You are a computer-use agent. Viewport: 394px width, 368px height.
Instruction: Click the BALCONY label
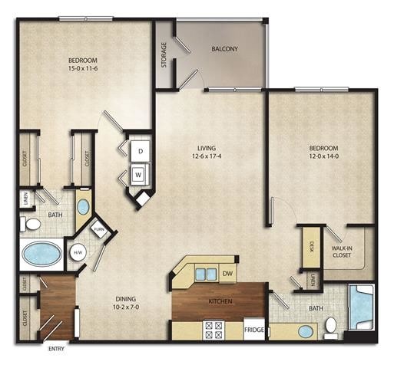click(224, 50)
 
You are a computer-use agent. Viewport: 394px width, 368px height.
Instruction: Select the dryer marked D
click(141, 151)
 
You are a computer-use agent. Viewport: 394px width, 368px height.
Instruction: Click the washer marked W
click(140, 174)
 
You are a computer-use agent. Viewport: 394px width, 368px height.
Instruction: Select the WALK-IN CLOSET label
click(342, 251)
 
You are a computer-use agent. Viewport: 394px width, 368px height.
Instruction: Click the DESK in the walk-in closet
click(312, 247)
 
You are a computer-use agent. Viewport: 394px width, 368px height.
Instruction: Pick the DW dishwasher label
click(227, 272)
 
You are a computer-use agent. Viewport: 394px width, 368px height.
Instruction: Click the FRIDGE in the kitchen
click(255, 330)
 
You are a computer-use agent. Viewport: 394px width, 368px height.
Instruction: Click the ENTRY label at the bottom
click(56, 349)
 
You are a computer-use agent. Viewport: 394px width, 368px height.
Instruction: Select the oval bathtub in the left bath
click(43, 253)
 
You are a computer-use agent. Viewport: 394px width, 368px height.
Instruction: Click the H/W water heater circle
click(77, 254)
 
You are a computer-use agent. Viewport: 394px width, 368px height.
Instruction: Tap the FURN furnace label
click(99, 229)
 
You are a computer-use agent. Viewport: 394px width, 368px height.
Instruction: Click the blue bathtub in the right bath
click(362, 308)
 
